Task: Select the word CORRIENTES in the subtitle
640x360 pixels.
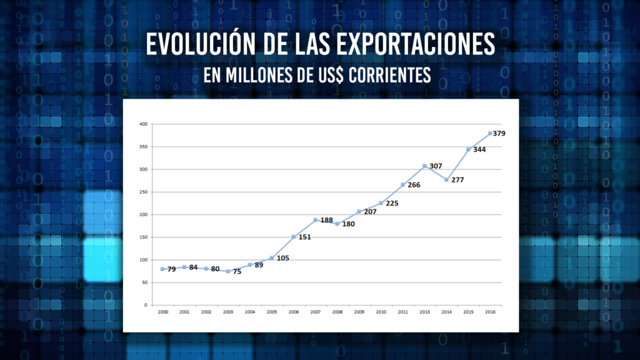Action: (391, 75)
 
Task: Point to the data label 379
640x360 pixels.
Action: (499, 133)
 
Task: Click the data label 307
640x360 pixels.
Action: (436, 166)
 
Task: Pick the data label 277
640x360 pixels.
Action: (458, 180)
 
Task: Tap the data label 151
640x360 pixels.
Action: (304, 237)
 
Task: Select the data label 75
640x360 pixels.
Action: (237, 271)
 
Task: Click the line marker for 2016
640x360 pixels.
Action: (490, 133)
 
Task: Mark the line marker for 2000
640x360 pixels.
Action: (162, 269)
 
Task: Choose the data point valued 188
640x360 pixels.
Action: (316, 220)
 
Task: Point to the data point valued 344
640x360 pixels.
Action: (468, 149)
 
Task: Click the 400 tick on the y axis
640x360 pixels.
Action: (143, 124)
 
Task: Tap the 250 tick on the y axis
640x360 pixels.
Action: (143, 192)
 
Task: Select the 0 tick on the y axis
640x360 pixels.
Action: (146, 305)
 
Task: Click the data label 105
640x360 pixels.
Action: (282, 258)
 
